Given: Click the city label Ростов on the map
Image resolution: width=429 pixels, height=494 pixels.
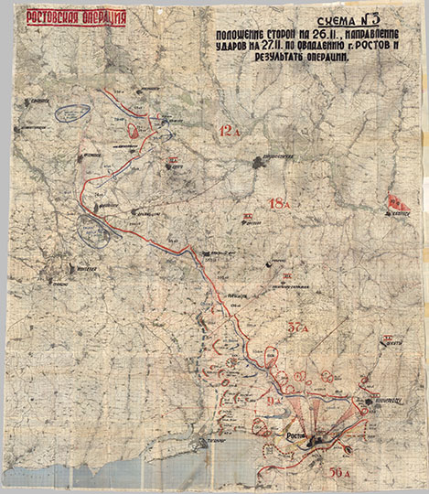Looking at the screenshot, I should point(298,437).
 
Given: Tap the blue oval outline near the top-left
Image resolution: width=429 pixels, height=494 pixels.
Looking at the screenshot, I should point(70,113).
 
